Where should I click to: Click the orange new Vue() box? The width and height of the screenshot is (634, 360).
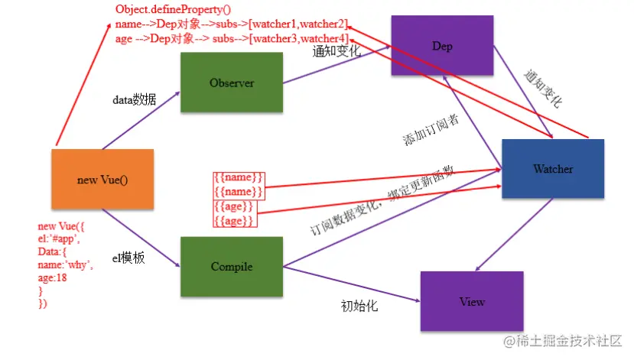coord(102,180)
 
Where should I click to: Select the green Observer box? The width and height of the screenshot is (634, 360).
coord(232,83)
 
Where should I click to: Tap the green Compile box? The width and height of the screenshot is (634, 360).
coord(232,267)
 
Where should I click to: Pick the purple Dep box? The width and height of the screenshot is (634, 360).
coord(442,47)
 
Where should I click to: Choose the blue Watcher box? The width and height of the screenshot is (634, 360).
coord(552,169)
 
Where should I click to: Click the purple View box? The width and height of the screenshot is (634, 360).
coord(472,301)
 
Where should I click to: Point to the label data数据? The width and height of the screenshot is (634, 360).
coord(135,100)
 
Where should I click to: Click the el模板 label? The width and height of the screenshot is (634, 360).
coord(135,258)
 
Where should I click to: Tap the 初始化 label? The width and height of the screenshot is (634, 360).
coord(359,307)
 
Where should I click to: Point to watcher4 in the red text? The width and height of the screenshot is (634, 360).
coord(323,38)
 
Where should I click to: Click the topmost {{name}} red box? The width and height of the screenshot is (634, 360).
coord(239,178)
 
